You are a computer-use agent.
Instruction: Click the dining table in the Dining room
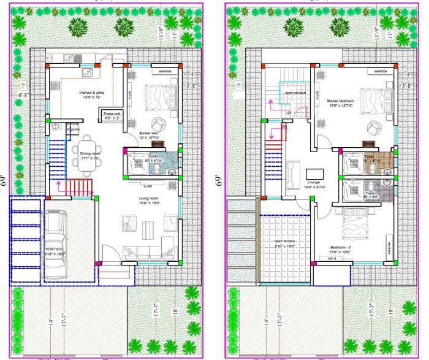[86, 156]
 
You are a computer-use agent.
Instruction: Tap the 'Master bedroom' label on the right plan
[341, 101]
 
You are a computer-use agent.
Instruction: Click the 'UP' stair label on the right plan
[288, 112]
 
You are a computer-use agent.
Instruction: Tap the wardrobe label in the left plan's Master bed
[165, 71]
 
